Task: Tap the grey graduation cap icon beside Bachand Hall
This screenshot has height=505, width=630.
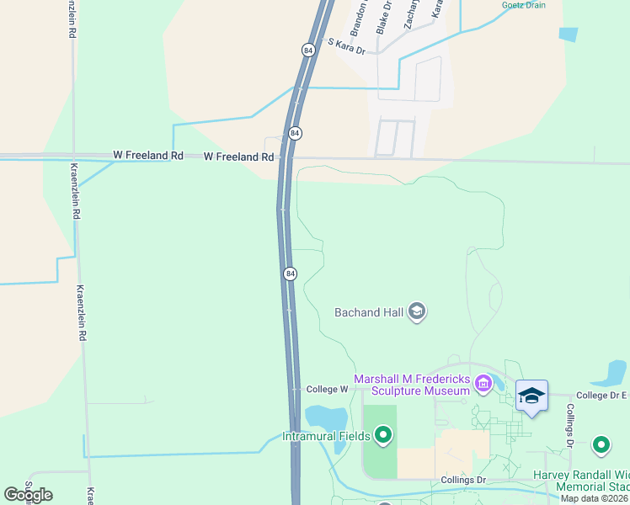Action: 416,312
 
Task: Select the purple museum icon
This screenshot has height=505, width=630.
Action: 483,385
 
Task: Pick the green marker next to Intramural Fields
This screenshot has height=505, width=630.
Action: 383,435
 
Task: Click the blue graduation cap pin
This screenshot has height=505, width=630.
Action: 531,395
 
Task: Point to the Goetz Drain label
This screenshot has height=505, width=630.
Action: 523,5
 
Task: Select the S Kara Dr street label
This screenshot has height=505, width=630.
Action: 347,46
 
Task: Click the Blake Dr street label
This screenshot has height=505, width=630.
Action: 384,17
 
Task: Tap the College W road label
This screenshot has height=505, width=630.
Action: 328,389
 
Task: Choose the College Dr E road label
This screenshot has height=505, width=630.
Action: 601,395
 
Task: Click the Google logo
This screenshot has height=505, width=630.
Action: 28,495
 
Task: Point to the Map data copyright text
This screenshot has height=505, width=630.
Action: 595,498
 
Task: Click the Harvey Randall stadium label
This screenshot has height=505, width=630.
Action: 581,481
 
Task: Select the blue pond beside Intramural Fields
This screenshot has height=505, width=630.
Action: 326,419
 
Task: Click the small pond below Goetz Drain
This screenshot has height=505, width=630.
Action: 569,35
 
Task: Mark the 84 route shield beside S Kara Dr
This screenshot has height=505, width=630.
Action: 308,50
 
